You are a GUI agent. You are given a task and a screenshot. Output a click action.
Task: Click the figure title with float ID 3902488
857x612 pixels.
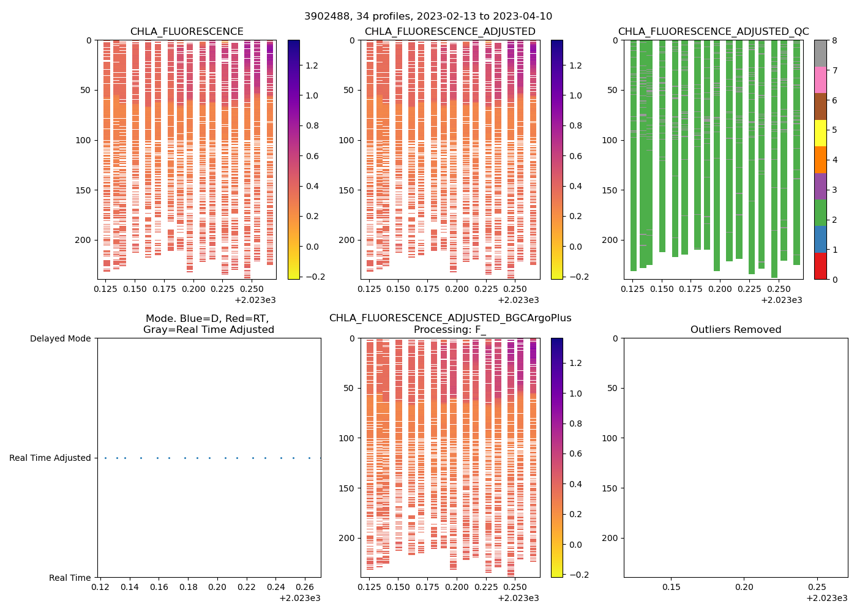428,17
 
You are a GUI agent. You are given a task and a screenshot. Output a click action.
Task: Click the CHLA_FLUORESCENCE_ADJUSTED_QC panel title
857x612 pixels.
713,32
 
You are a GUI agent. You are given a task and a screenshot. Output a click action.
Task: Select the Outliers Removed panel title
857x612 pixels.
736,330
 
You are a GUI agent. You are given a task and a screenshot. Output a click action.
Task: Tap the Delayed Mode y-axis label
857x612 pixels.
60,338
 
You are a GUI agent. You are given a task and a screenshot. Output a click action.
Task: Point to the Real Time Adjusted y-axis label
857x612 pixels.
50,458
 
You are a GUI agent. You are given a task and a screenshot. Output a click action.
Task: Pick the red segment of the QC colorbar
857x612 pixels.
820,266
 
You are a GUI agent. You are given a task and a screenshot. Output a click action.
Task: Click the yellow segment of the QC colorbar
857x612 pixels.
820,133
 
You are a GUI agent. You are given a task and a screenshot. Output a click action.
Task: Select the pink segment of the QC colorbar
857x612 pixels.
820,80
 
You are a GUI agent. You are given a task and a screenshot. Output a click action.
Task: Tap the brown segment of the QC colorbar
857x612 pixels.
820,106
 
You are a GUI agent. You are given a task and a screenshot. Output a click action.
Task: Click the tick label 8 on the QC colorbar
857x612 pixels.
834,40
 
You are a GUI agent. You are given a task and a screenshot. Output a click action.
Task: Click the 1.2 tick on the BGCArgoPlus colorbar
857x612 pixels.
575,363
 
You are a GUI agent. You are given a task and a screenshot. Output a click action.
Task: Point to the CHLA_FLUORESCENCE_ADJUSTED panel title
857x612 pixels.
450,32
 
